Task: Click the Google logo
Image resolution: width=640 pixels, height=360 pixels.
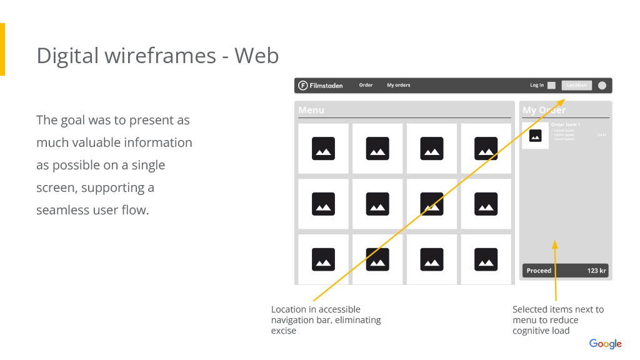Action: point(605,344)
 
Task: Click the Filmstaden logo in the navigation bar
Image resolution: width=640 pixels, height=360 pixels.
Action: point(321,86)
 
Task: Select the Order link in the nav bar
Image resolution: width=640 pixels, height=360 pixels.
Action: point(366,86)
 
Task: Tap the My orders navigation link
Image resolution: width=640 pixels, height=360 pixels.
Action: point(398,86)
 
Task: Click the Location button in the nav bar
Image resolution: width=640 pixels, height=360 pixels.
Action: point(576,86)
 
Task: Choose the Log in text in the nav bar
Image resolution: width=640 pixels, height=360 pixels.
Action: point(537,86)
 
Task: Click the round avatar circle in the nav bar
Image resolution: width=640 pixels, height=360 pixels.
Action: point(602,86)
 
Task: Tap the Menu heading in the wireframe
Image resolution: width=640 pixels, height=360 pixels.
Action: point(311,110)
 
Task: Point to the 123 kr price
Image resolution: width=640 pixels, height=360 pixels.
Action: point(596,271)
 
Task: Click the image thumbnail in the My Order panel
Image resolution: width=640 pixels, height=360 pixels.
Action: point(535,136)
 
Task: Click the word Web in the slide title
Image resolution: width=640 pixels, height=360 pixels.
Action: point(256,56)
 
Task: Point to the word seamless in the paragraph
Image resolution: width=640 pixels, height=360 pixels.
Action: point(63,210)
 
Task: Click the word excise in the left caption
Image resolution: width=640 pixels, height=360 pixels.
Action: point(283,331)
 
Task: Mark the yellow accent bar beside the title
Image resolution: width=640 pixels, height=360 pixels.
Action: point(2,49)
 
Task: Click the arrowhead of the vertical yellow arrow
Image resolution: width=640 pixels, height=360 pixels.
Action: point(554,244)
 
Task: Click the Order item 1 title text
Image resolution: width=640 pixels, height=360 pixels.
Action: point(565,125)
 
